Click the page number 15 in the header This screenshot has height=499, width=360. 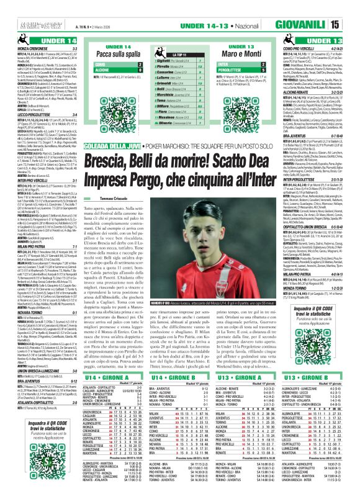pos(351,7)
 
